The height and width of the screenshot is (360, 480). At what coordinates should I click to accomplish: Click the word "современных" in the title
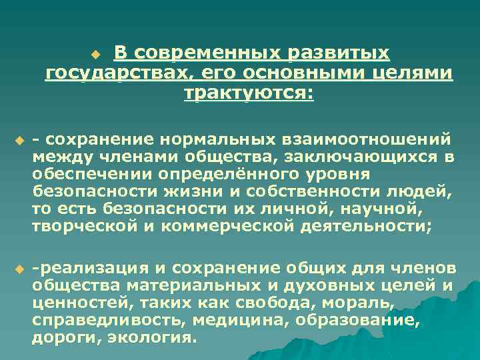click(203, 53)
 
